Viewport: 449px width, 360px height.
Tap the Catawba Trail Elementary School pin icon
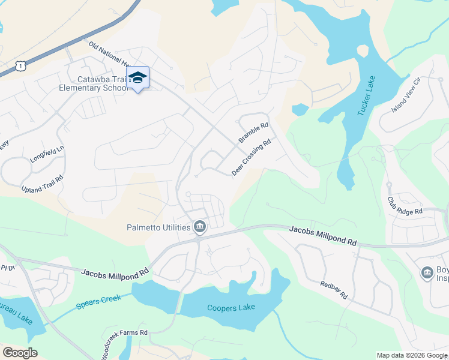tap(138, 78)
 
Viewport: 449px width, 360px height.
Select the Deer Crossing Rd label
tap(252, 158)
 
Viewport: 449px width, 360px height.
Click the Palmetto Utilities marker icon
tap(200, 227)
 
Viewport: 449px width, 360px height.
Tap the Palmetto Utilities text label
tap(158, 227)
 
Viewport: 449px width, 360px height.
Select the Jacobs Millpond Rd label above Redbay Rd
tap(323, 235)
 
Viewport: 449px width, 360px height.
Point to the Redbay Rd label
tap(334, 290)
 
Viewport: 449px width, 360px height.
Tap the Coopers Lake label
tap(231, 307)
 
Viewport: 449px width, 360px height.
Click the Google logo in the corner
tap(20, 352)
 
